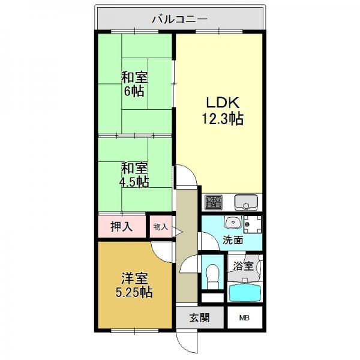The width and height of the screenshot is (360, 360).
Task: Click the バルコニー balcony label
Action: click(x=180, y=19)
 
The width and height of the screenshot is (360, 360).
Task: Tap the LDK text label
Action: click(x=223, y=103)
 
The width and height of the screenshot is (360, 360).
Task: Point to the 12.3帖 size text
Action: click(x=223, y=119)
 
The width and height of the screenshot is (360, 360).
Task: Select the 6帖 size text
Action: click(x=134, y=91)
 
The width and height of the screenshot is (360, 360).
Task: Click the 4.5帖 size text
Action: click(x=134, y=182)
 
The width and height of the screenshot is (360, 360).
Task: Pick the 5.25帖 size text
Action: click(x=134, y=292)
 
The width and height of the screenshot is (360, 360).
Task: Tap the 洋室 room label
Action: click(x=134, y=278)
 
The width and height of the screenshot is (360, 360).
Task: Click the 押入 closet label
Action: click(x=121, y=227)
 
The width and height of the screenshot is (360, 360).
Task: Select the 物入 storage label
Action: click(x=160, y=227)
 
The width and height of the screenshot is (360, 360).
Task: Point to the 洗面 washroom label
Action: click(x=233, y=240)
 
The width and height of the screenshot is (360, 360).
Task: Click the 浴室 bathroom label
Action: click(x=243, y=266)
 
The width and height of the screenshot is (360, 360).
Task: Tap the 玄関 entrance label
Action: click(x=199, y=318)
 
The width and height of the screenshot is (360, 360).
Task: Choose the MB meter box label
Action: click(x=244, y=318)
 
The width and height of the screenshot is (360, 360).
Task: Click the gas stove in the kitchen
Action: click(x=214, y=202)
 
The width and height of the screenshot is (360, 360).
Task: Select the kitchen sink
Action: click(x=246, y=202)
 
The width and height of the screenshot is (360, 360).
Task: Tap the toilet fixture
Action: click(x=212, y=277)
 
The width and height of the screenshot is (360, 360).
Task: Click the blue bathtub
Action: click(x=245, y=293)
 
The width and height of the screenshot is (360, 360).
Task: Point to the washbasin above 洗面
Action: click(x=233, y=222)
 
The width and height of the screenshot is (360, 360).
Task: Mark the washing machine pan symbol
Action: click(x=253, y=224)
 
